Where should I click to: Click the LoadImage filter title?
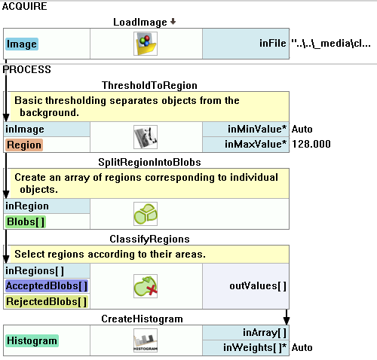pyautogui.click(x=140, y=23)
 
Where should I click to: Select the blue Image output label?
pyautogui.click(x=22, y=44)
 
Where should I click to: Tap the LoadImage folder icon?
pyautogui.click(x=146, y=44)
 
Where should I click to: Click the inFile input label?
pyautogui.click(x=273, y=43)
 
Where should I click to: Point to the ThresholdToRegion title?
pyautogui.click(x=149, y=85)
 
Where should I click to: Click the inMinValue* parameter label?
pyautogui.click(x=257, y=129)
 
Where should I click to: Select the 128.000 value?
pyautogui.click(x=311, y=144)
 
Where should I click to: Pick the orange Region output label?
pyautogui.click(x=24, y=145)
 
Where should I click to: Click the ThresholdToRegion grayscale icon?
pyautogui.click(x=146, y=137)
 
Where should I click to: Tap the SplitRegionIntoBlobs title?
pyautogui.click(x=149, y=162)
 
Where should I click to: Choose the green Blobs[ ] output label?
pyautogui.click(x=26, y=222)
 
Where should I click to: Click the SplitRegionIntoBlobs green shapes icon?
pyautogui.click(x=146, y=214)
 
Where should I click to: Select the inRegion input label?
pyautogui.click(x=27, y=206)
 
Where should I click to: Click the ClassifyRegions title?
pyautogui.click(x=149, y=239)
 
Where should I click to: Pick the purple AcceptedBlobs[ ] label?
pyautogui.click(x=47, y=286)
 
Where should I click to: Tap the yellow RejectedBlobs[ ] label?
pyautogui.click(x=47, y=301)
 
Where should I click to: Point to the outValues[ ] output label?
pyautogui.click(x=258, y=286)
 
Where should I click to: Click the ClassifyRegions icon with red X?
pyautogui.click(x=146, y=286)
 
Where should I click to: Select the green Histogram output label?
pyautogui.click(x=32, y=341)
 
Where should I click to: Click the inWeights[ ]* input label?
pyautogui.click(x=255, y=348)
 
